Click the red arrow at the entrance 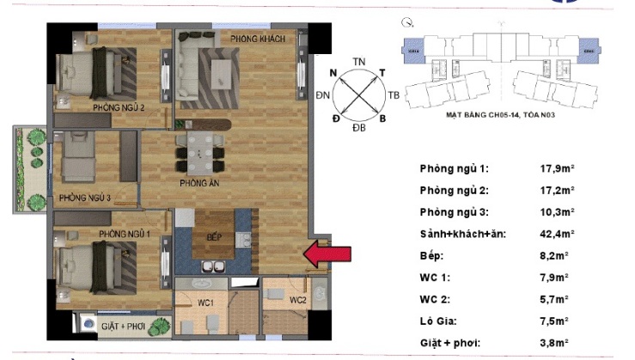click(328, 253)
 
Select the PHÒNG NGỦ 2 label click(119, 107)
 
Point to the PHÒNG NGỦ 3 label click(85, 198)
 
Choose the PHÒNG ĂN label click(198, 184)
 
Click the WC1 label click(206, 301)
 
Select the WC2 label click(297, 300)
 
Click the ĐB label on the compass click(358, 127)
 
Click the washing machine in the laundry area click(89, 325)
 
